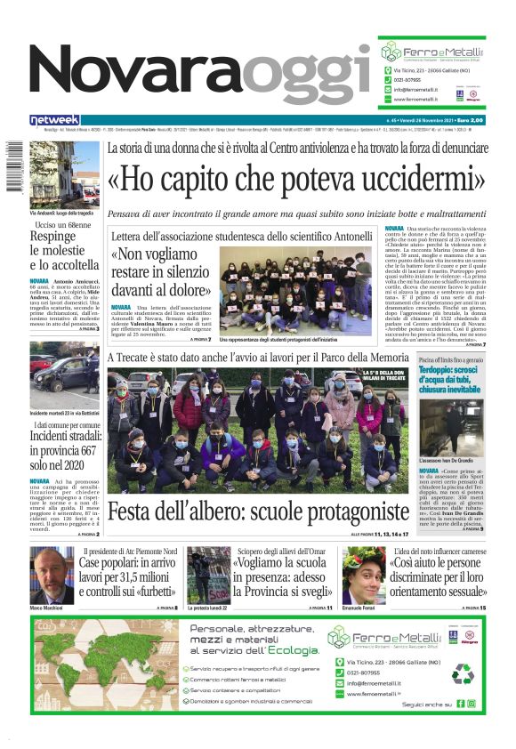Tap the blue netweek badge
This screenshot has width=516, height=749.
pos(55,119)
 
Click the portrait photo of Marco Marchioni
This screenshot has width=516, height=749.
pos(52,575)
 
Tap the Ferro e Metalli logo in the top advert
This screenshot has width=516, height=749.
pos(432,50)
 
